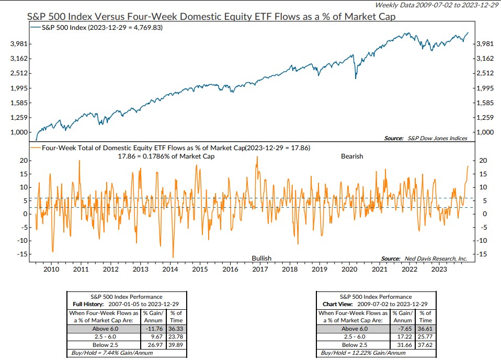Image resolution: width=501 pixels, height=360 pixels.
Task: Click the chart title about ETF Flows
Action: tap(211, 17)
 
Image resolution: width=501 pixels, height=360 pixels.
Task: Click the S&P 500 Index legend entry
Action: tap(98, 28)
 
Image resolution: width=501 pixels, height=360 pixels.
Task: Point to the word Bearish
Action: tap(351, 156)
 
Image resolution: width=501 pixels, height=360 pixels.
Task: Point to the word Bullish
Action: tap(261, 258)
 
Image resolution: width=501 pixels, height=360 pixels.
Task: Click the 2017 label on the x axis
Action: tap(260, 269)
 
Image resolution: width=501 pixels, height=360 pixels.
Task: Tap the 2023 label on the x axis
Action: tap(439, 269)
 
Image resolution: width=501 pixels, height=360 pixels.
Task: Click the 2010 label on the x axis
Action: tap(51, 269)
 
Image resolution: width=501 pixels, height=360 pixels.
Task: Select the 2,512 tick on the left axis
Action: tap(18, 73)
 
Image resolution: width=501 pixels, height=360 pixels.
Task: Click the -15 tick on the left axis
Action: tap(21, 254)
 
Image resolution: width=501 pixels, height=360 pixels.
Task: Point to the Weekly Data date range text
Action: tap(435, 5)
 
